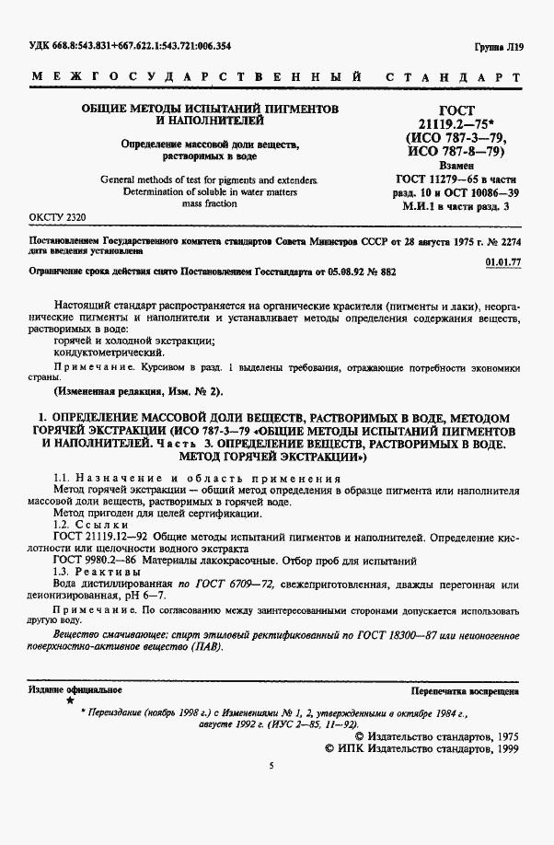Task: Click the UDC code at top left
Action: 130,44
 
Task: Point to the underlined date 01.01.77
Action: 502,261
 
